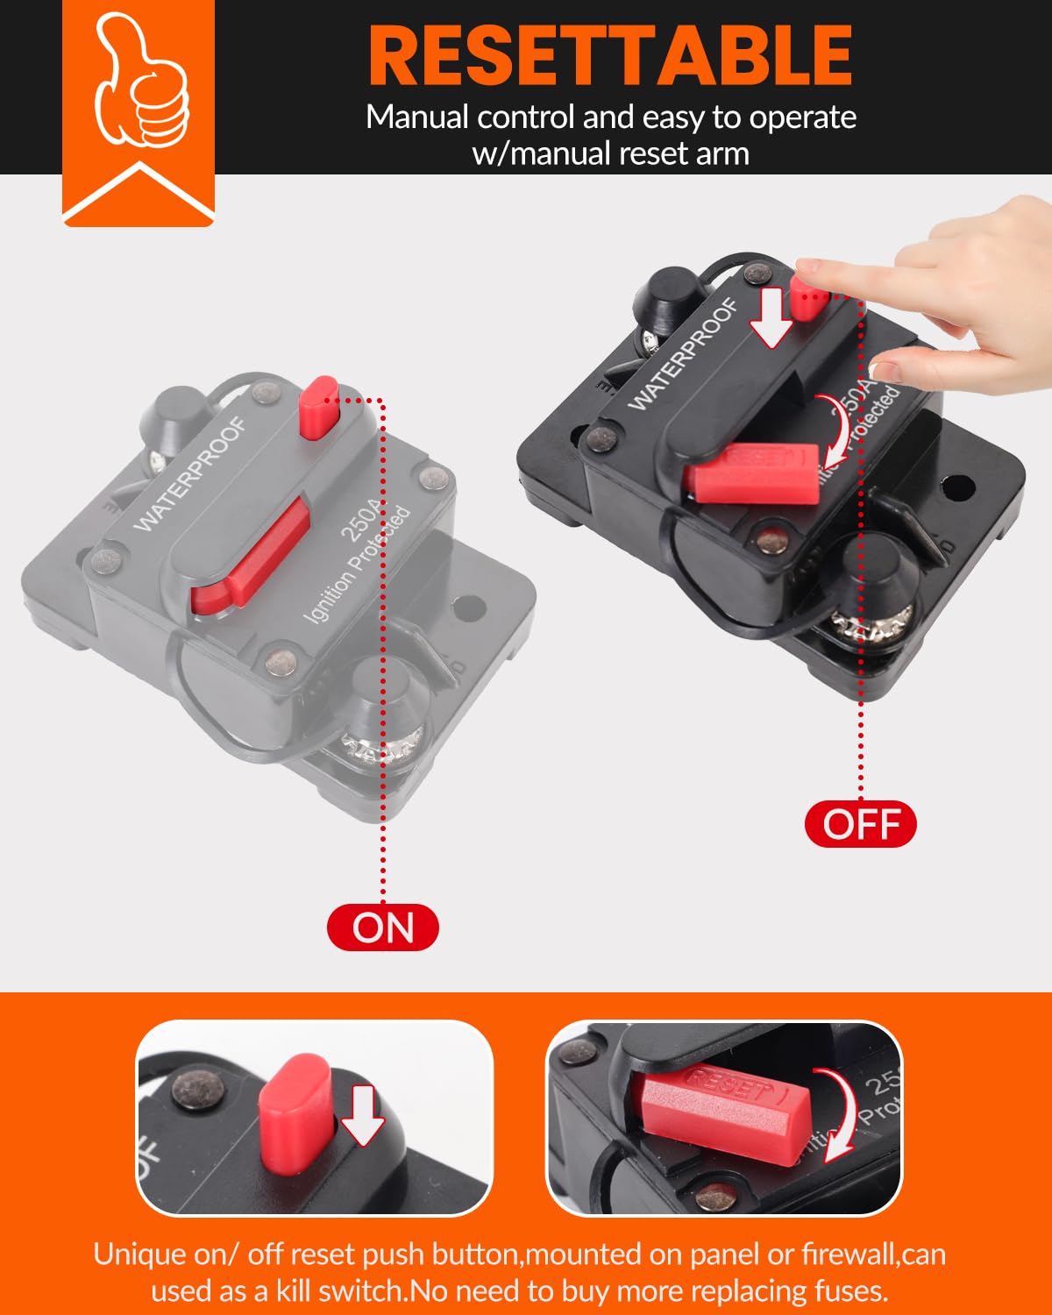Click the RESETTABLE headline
click(x=610, y=54)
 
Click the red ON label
click(x=383, y=928)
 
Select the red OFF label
click(x=861, y=825)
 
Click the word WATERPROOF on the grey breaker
click(x=190, y=474)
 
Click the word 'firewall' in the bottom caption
click(x=849, y=1255)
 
